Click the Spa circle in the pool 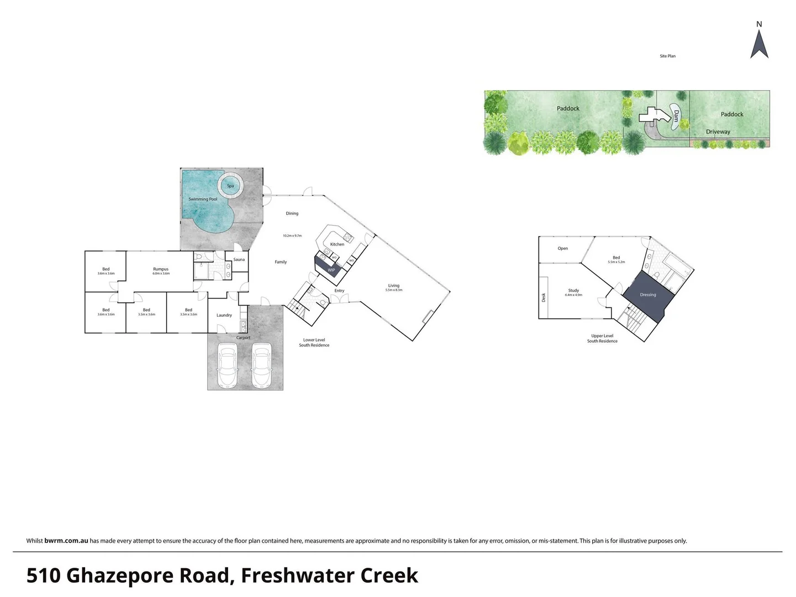230,185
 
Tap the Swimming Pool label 203,199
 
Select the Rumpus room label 161,269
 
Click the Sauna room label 239,259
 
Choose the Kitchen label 337,244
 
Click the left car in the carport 228,365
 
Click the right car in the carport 262,365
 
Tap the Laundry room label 224,315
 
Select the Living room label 393,286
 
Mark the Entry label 339,290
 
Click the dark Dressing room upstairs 648,295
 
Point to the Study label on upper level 573,290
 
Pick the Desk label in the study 544,297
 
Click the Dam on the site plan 676,116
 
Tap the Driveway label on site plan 718,132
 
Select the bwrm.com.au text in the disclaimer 66,541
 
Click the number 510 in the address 43,575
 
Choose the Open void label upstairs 562,248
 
